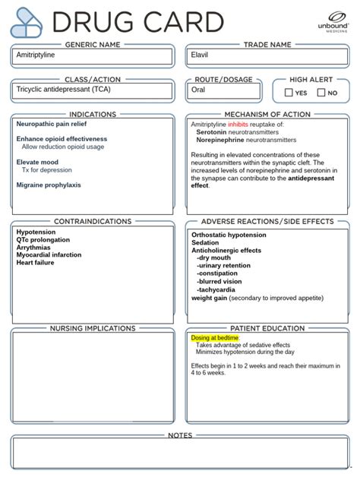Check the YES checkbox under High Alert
point(289,93)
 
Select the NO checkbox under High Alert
point(321,93)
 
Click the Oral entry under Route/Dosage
point(199,90)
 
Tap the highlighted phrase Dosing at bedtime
point(215,338)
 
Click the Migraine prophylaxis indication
point(49,185)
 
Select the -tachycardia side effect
point(219,290)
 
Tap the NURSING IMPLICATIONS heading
point(93,328)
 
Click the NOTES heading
point(180,435)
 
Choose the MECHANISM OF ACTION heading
point(267,114)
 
